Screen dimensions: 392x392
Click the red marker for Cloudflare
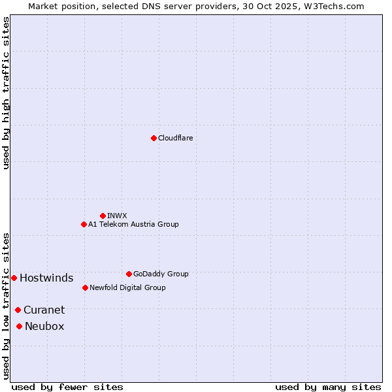(x=154, y=138)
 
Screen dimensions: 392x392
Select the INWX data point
(x=103, y=216)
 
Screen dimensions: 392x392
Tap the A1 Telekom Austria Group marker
(x=84, y=224)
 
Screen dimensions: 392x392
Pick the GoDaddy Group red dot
(x=129, y=274)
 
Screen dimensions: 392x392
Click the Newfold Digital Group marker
(x=85, y=287)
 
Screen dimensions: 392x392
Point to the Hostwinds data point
(x=14, y=278)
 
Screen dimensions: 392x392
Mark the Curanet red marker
(x=18, y=310)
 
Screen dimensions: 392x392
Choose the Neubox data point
(x=19, y=326)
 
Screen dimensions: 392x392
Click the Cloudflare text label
(x=175, y=138)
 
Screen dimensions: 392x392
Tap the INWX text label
(x=117, y=216)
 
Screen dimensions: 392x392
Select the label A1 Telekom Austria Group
(x=133, y=224)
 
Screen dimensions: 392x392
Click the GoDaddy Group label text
(x=161, y=274)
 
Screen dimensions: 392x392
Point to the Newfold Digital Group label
(x=127, y=287)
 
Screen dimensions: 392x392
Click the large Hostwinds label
(x=46, y=278)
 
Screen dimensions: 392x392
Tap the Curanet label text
(x=44, y=310)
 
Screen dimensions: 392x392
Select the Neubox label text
(x=44, y=326)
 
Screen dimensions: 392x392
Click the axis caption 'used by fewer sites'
(x=67, y=387)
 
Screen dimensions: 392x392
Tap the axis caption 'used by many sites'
(x=328, y=387)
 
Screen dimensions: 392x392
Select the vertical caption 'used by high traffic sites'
(x=6, y=93)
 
